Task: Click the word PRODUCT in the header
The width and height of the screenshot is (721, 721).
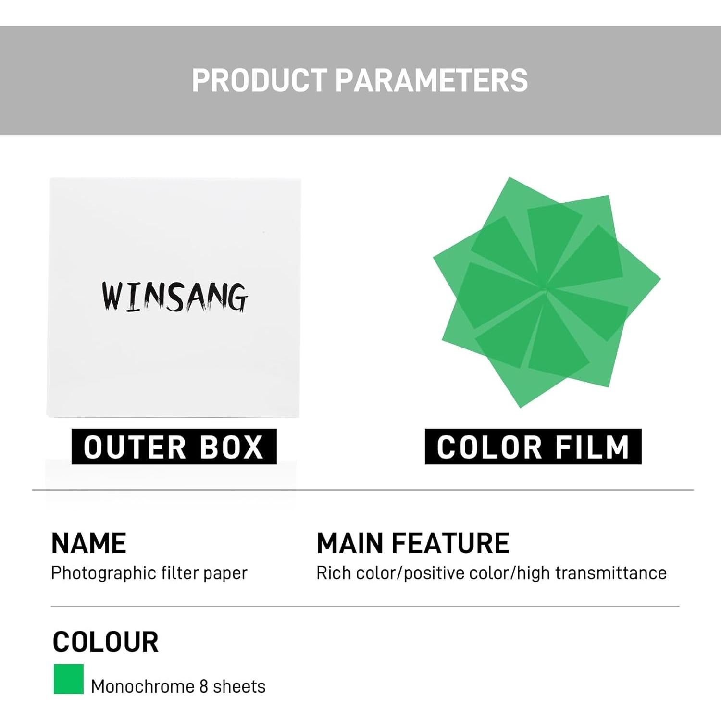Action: pos(260,80)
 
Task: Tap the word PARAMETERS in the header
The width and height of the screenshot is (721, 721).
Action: pos(431,80)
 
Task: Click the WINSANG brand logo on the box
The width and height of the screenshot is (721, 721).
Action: pos(174,297)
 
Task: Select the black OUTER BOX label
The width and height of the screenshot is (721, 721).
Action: pos(174,447)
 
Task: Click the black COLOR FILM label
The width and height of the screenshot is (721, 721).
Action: pos(533,447)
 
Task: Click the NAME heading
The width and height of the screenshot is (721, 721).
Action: pos(89,543)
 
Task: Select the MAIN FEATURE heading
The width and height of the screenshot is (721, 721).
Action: pos(413,543)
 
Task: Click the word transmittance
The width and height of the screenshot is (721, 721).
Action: pos(611,573)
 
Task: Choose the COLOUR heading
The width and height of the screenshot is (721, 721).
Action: pos(106,642)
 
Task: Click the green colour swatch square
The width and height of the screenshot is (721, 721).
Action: pos(69,679)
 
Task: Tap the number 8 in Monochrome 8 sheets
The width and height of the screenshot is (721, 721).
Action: pos(203,686)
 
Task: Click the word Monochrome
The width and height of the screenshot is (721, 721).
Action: pos(142,686)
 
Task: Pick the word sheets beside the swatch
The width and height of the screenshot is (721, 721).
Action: pos(239,686)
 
